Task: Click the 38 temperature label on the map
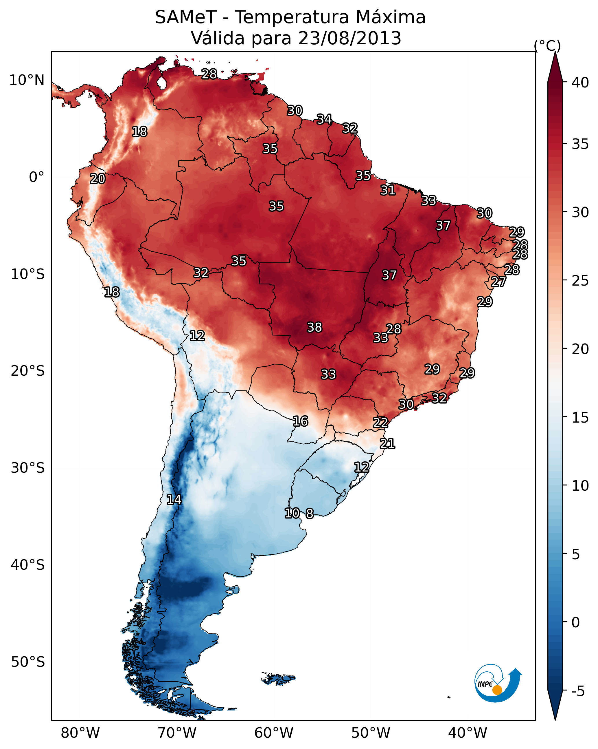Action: (x=314, y=327)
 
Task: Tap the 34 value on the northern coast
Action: (x=324, y=119)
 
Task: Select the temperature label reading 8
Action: (x=310, y=514)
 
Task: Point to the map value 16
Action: (x=300, y=421)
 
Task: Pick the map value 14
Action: (x=174, y=500)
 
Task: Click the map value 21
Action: (x=387, y=444)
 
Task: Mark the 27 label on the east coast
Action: (x=498, y=282)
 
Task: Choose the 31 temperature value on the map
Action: (x=388, y=190)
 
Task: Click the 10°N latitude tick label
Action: (x=27, y=80)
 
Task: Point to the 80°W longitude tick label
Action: (x=80, y=733)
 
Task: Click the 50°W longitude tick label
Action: (x=371, y=733)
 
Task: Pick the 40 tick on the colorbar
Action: (x=580, y=83)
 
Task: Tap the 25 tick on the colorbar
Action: (x=580, y=280)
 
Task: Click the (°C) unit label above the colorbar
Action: (x=547, y=45)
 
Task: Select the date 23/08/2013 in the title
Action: (x=349, y=38)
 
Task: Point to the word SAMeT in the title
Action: (x=186, y=17)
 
